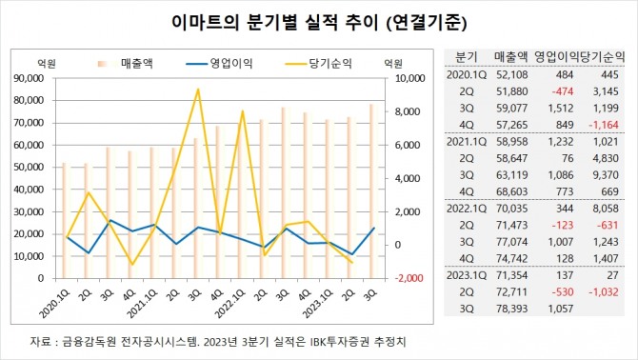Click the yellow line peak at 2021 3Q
tap(197, 90)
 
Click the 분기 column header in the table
tap(467, 55)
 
